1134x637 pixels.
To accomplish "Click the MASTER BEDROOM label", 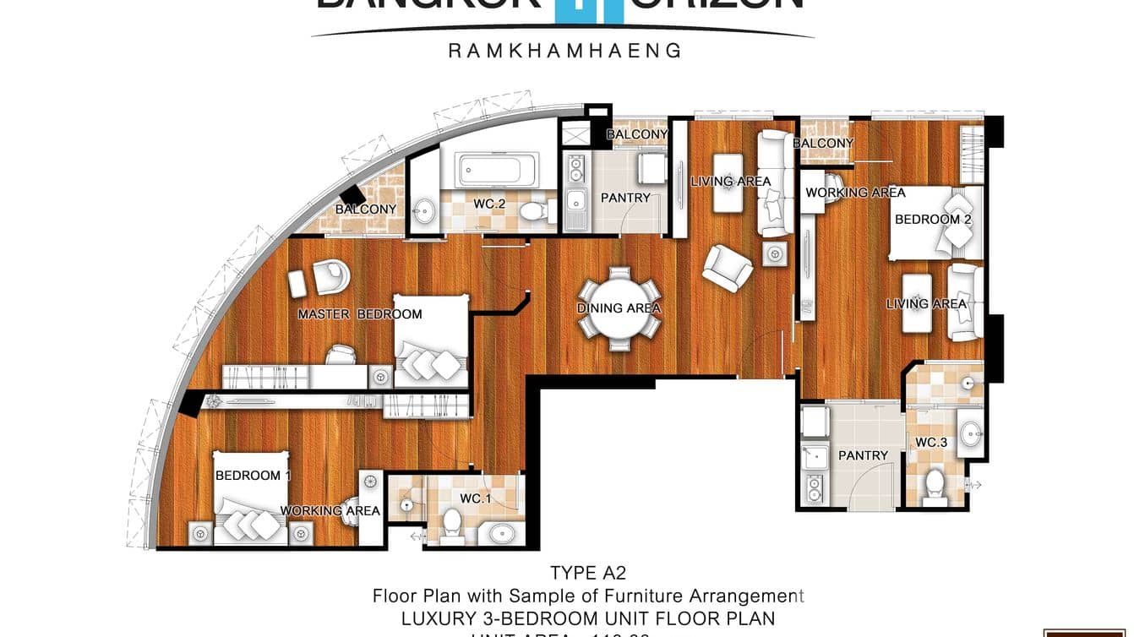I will pos(359,314).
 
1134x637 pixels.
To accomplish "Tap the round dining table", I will pos(619,308).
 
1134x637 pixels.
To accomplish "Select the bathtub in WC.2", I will pos(495,169).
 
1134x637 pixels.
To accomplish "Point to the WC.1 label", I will pos(476,498).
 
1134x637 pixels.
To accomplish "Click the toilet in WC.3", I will pos(935,485).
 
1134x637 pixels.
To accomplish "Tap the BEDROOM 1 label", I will pos(252,476).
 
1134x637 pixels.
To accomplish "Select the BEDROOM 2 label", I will pos(933,220).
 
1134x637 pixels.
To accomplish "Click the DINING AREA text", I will pos(619,308).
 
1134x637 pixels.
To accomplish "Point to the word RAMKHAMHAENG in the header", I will pos(564,51).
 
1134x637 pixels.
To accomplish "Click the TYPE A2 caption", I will pos(588,574).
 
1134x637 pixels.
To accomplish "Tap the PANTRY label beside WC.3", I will pos(863,455).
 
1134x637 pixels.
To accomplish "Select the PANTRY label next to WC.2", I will pos(625,198).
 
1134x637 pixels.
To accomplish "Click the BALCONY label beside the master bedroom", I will pos(365,210).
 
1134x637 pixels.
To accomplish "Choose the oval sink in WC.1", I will pos(503,533).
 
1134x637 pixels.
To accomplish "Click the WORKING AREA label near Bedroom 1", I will pos(330,510).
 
